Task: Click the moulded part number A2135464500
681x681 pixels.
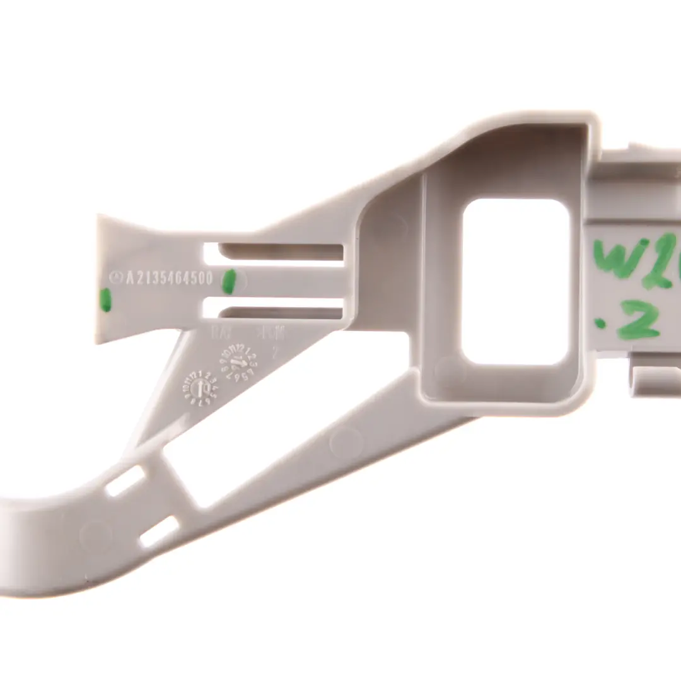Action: click(x=169, y=278)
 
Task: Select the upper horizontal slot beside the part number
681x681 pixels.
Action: click(x=274, y=252)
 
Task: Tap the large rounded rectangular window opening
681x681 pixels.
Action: click(x=516, y=282)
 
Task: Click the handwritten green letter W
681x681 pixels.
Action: click(x=618, y=259)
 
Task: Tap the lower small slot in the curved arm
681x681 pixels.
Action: click(x=158, y=532)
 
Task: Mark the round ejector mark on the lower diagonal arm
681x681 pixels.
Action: click(x=346, y=442)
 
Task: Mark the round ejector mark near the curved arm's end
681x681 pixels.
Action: click(x=95, y=536)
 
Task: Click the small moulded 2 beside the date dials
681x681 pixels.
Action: click(x=274, y=353)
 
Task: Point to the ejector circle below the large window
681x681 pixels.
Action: click(x=450, y=371)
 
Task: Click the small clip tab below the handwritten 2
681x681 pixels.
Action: click(x=656, y=378)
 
